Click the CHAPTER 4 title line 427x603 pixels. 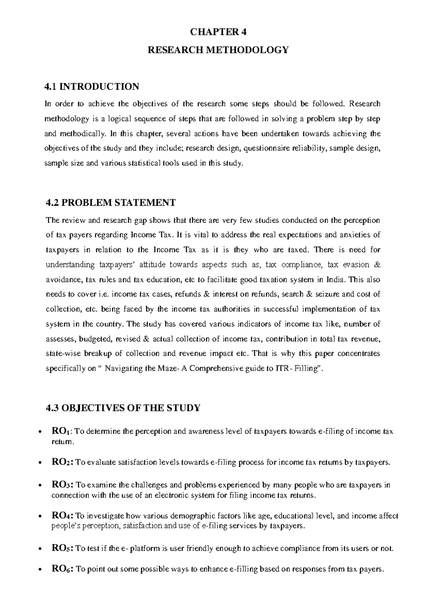[218, 32]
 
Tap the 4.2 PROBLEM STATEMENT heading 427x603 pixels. [111, 203]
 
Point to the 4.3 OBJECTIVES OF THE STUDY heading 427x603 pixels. [123, 407]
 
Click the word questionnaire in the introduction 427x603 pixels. [269, 149]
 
